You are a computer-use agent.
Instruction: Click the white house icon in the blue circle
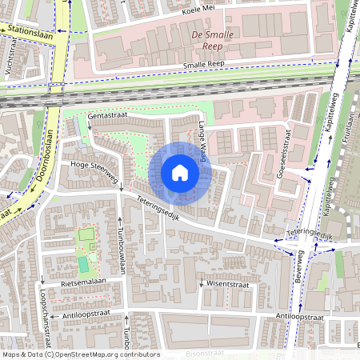(180, 173)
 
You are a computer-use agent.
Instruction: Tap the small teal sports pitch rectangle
(83, 264)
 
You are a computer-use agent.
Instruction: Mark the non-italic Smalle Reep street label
(205, 65)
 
